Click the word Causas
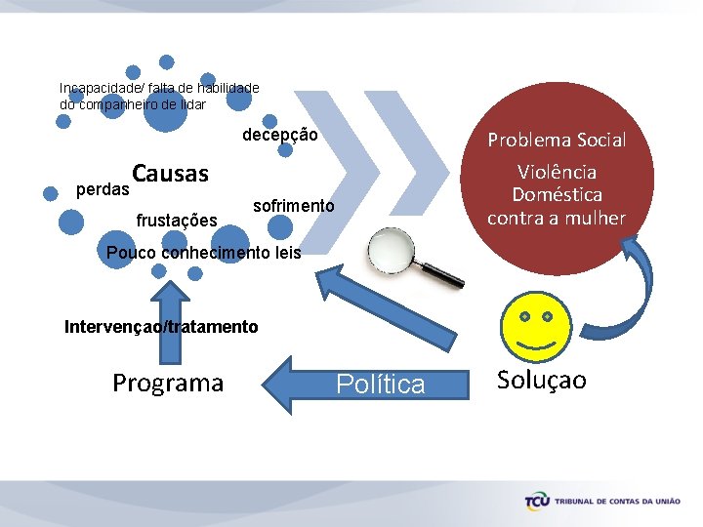(x=171, y=174)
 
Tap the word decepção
(x=280, y=135)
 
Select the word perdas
(x=103, y=186)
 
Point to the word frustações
(x=177, y=221)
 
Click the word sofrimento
(x=293, y=206)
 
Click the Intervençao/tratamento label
(x=161, y=326)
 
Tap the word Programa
(x=168, y=383)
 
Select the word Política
(x=381, y=385)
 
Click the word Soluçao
(x=542, y=380)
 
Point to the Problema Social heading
(x=556, y=140)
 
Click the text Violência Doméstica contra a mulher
(x=556, y=195)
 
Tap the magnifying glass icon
(x=415, y=259)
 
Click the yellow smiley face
(x=535, y=329)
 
